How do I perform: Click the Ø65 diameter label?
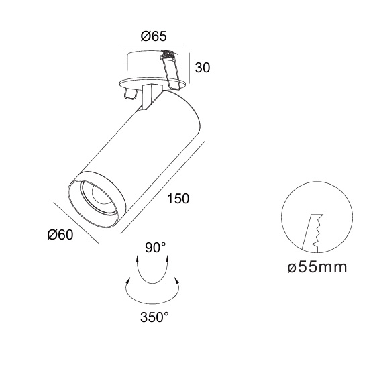[154, 36]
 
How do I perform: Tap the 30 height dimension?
[203, 68]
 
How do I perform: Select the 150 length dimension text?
[178, 199]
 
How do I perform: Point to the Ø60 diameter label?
[60, 235]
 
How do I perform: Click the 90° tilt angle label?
[156, 248]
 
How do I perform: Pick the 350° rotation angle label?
[154, 317]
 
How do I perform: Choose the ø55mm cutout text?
[317, 268]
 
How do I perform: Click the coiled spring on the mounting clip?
[168, 54]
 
